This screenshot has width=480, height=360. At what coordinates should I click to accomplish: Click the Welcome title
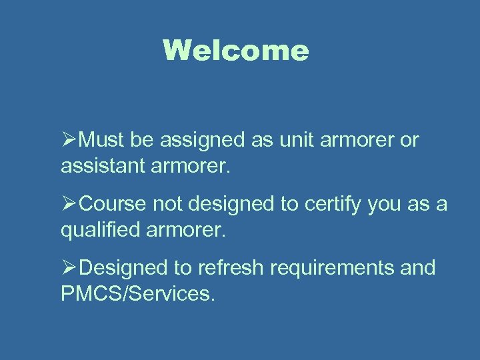236,51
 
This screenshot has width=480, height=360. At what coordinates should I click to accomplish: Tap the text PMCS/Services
138,293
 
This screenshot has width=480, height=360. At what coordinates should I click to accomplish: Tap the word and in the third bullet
419,268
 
